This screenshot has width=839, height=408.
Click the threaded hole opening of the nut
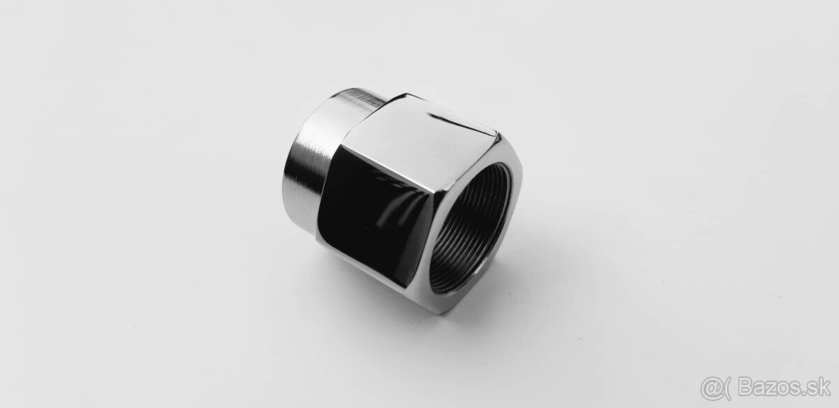(470, 228)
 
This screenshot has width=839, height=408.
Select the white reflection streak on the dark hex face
(393, 210)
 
